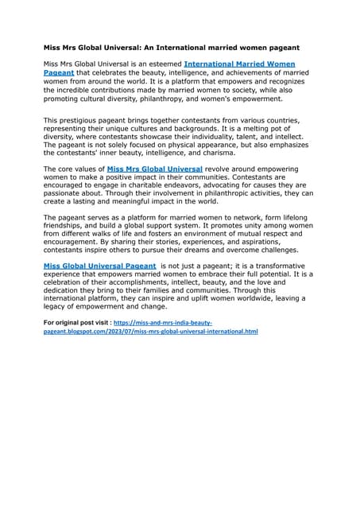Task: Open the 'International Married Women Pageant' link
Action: pyautogui.click(x=239, y=63)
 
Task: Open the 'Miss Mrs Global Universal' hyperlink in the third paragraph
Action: pyautogui.click(x=154, y=169)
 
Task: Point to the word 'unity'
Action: pyautogui.click(x=245, y=227)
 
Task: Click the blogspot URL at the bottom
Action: pyautogui.click(x=151, y=330)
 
